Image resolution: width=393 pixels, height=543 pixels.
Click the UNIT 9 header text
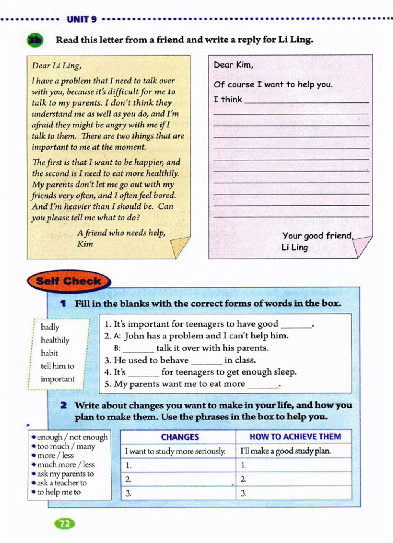[x=81, y=19]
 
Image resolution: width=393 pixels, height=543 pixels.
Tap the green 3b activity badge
[x=35, y=40]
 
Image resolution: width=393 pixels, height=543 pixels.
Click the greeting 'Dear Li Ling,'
[x=56, y=66]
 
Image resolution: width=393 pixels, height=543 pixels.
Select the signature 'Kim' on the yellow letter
[x=85, y=244]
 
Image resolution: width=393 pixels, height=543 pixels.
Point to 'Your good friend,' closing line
[x=317, y=236]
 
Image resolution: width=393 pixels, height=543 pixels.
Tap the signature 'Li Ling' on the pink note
[x=294, y=247]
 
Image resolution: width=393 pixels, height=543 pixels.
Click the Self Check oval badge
[x=69, y=281]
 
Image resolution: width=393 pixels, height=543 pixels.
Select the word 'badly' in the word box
[x=50, y=327]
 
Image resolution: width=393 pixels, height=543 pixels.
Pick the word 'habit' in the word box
[x=49, y=353]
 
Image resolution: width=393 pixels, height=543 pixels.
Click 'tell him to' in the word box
[x=57, y=366]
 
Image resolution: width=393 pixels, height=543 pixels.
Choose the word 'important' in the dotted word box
[x=58, y=379]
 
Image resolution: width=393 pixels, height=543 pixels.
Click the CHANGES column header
[x=180, y=437]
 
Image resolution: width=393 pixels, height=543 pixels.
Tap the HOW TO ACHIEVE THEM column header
[x=295, y=437]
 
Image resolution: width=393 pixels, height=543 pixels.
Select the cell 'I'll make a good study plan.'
[x=286, y=451]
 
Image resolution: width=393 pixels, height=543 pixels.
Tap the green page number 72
[x=65, y=524]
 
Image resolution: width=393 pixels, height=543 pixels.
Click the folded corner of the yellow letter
[x=180, y=247]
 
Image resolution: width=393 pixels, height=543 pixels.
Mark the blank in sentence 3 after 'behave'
[x=206, y=361]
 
